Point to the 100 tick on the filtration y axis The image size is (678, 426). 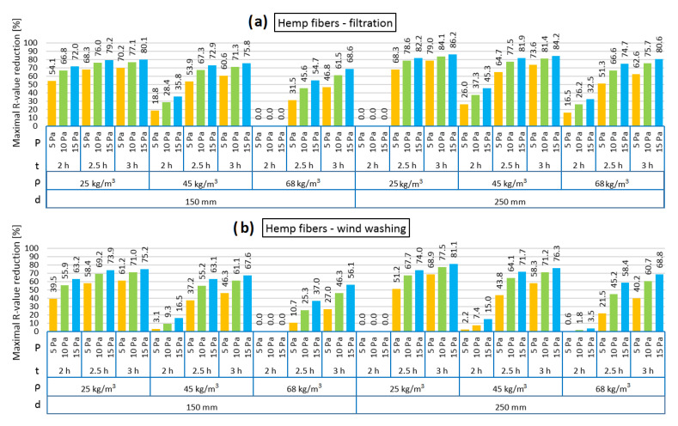point(33,43)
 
